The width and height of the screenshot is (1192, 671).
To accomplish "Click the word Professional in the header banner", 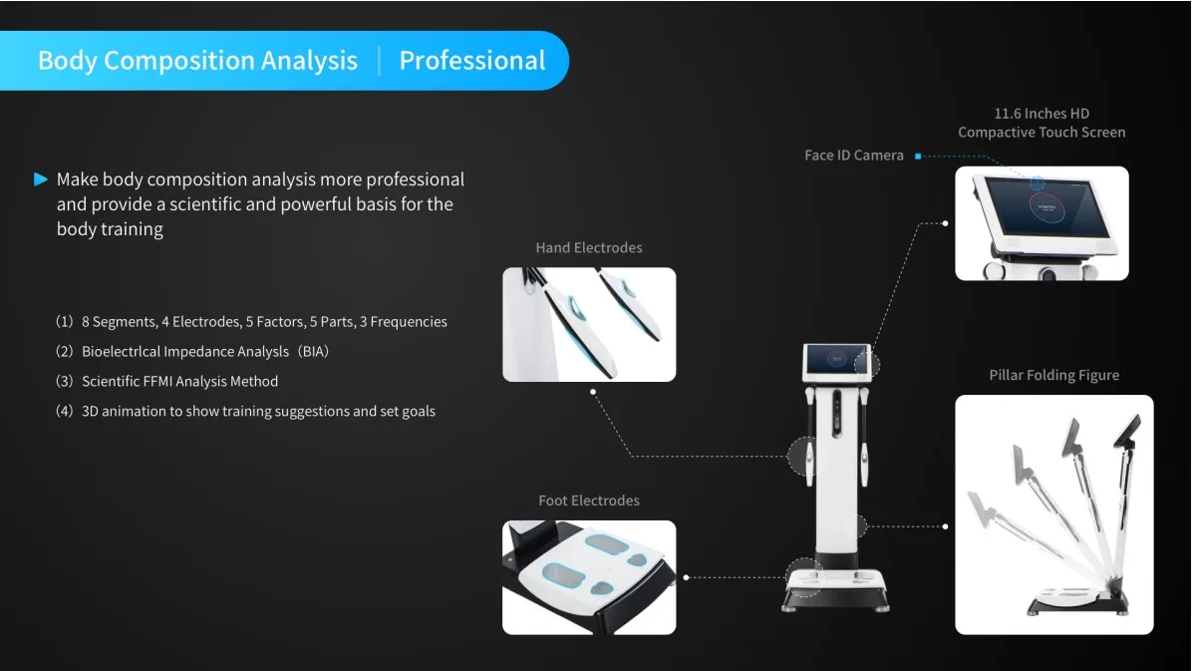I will (x=471, y=61).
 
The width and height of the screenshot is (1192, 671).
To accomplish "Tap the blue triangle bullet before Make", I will (x=41, y=179).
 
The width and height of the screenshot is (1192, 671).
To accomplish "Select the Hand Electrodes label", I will (x=588, y=247).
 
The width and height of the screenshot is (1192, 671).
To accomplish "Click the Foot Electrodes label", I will (x=588, y=501).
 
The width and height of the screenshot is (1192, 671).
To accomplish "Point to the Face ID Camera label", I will (x=853, y=156).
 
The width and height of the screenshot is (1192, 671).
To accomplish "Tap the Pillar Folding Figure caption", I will (x=1053, y=376).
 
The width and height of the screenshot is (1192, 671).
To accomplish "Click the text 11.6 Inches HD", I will (x=1042, y=114).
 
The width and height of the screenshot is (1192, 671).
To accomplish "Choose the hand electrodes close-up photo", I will (x=588, y=324).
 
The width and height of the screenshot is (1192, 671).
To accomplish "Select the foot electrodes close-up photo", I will (x=588, y=577).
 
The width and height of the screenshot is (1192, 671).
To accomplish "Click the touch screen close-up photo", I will (x=1042, y=223).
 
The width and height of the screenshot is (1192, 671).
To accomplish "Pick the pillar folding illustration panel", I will (x=1053, y=514).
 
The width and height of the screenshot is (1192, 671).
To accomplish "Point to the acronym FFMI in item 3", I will (x=155, y=381).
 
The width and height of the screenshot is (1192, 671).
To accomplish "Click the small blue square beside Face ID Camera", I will (x=917, y=156).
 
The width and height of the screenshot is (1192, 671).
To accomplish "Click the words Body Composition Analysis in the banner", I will (x=197, y=61).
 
